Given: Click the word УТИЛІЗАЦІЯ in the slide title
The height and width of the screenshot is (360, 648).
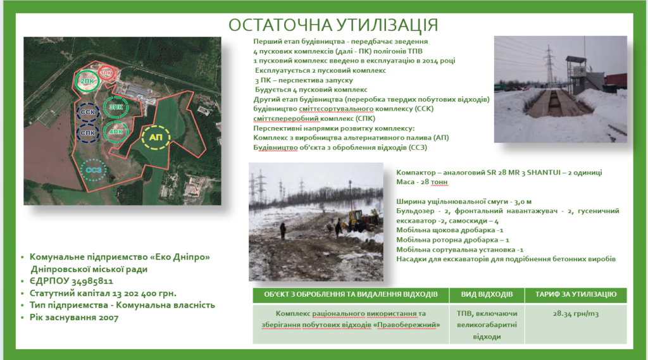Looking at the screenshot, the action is [387, 25].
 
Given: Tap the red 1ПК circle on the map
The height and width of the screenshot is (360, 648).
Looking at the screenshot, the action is [106, 73].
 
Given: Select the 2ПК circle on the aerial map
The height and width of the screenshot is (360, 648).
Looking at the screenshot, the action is [87, 80].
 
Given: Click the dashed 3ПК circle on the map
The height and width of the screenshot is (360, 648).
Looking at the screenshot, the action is [116, 107].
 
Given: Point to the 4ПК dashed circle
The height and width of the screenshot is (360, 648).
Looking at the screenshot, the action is [116, 132].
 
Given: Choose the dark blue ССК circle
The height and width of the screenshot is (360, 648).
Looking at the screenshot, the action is [87, 112].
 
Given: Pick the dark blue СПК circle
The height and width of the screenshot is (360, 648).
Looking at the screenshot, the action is [87, 133].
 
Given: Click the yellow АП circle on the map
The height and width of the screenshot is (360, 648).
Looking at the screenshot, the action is [156, 137].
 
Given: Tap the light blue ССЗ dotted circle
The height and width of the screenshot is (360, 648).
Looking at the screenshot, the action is [94, 170].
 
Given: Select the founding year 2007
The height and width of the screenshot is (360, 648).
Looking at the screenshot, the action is [108, 318].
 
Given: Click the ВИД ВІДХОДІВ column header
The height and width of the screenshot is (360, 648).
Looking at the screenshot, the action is [487, 295].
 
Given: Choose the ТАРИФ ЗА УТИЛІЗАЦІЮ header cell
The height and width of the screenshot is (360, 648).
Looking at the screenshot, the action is [576, 295].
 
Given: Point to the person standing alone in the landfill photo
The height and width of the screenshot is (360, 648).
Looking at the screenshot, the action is [283, 231].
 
